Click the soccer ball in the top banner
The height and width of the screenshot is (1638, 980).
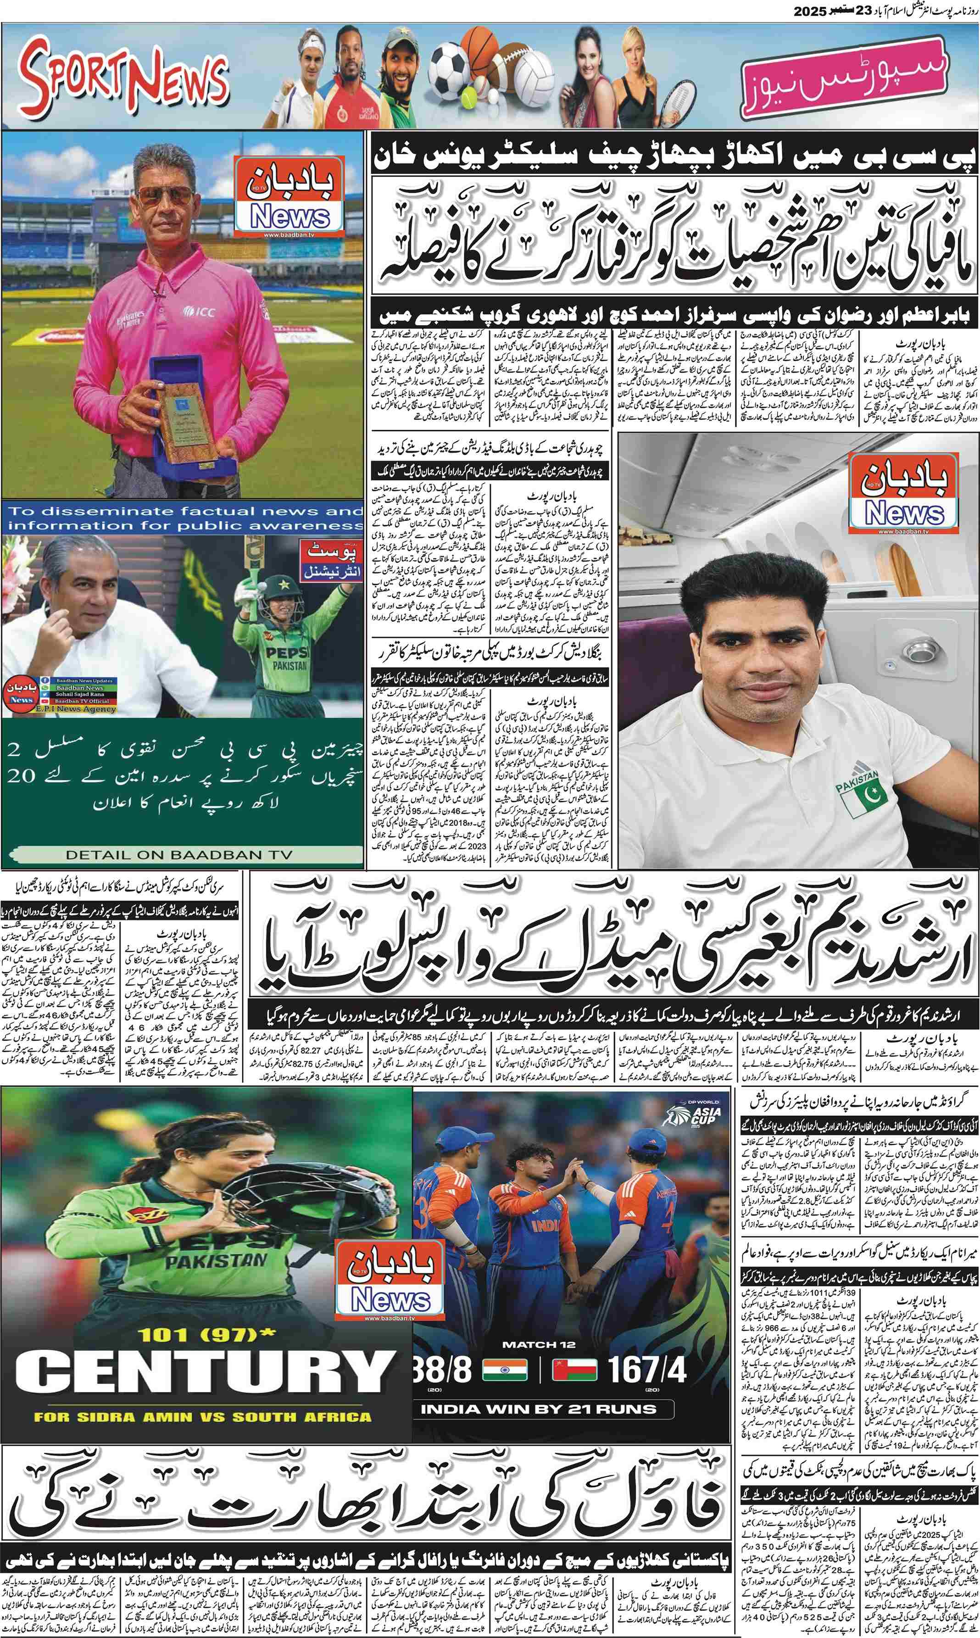[x=449, y=66]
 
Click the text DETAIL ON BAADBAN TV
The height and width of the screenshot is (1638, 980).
[x=178, y=854]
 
